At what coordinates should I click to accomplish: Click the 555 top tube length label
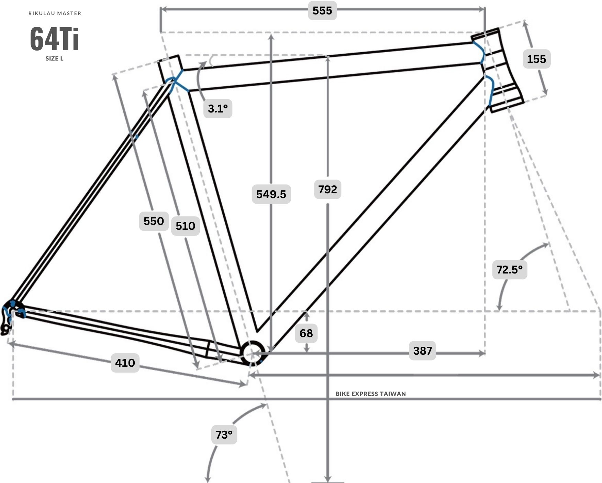tap(322, 11)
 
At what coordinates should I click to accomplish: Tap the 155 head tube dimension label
tap(536, 59)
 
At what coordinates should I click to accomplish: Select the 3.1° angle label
tap(218, 109)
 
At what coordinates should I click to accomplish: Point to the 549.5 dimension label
tap(271, 194)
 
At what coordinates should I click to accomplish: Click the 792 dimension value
tap(327, 189)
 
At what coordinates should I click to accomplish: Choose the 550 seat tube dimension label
tap(154, 221)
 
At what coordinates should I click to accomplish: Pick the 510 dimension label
tap(185, 226)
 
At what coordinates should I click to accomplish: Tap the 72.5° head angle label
tap(510, 269)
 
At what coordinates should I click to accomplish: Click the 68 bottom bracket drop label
tap(306, 333)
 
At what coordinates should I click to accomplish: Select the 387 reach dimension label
tap(422, 351)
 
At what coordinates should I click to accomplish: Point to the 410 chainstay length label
tap(125, 363)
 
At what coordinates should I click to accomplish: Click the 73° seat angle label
tap(224, 434)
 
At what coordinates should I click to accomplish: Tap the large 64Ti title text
tap(55, 39)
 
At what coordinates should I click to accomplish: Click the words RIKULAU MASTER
tap(55, 13)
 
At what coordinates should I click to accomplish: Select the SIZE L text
tap(55, 58)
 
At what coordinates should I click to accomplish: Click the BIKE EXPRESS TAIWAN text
tap(371, 394)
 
